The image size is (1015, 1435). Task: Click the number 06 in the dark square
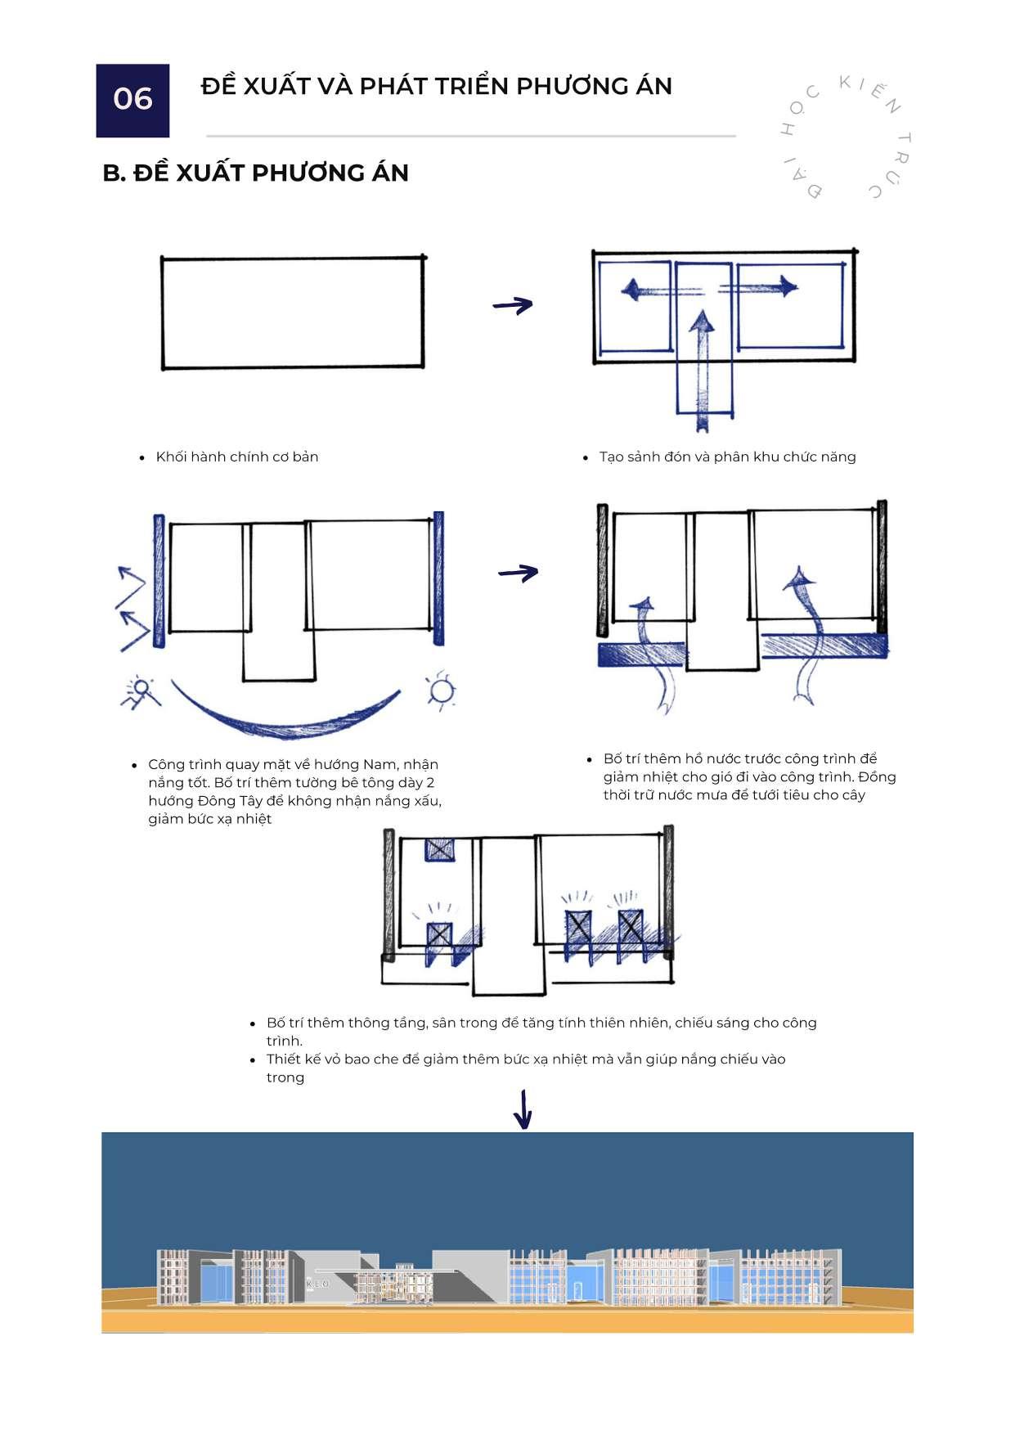click(x=132, y=99)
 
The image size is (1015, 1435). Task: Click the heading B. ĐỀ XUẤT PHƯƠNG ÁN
click(x=255, y=173)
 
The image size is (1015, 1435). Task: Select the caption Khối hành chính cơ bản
click(x=236, y=457)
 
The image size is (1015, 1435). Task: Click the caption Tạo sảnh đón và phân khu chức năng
click(x=727, y=457)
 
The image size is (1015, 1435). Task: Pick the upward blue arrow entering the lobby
click(x=701, y=360)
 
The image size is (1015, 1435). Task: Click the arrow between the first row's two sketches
click(x=513, y=305)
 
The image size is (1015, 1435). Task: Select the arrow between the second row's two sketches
click(x=519, y=573)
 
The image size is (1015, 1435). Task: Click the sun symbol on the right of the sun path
click(x=442, y=691)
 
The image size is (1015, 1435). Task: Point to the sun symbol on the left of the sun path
click(x=141, y=691)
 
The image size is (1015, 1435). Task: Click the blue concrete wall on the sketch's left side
click(x=159, y=581)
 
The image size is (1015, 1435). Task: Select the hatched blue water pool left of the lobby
click(x=640, y=655)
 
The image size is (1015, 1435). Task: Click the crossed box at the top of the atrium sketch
click(x=439, y=849)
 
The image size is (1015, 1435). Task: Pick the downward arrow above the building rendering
click(x=523, y=1109)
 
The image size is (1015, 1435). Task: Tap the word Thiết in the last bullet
click(x=285, y=1059)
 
